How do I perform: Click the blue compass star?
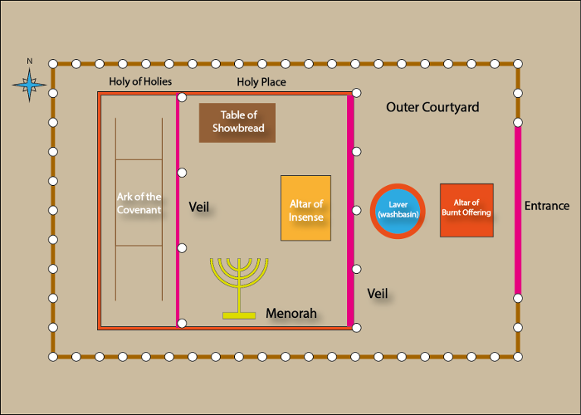30,83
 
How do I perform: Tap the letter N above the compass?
30,61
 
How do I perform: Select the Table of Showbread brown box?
237,123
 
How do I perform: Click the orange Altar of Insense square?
305,208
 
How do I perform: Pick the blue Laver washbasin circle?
397,211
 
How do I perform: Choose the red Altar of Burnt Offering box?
466,210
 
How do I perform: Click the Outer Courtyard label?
432,108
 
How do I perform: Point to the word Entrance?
547,206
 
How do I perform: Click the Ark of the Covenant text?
139,203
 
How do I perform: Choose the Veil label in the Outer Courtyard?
378,293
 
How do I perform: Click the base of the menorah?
239,315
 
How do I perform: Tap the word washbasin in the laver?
397,215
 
